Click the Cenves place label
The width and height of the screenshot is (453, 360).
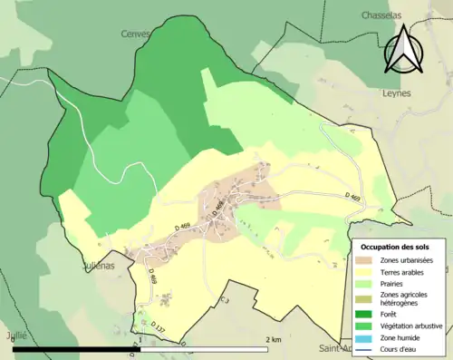pyautogui.click(x=135, y=34)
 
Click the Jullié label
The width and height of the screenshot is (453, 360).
pyautogui.click(x=14, y=335)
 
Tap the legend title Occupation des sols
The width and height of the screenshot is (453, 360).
pyautogui.click(x=395, y=247)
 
